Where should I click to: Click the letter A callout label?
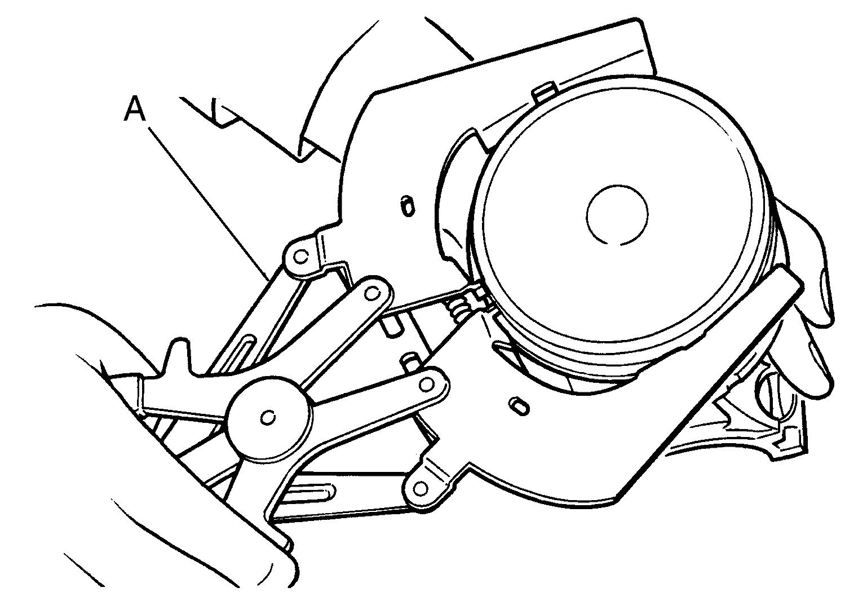coord(135,109)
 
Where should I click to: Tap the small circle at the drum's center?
coord(617,214)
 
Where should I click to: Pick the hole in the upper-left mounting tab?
coord(300,257)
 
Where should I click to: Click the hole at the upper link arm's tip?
coord(371,293)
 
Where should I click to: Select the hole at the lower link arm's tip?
coord(427,385)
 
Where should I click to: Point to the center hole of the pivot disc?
coord(268,417)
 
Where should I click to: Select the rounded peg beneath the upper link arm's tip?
coord(391,324)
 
